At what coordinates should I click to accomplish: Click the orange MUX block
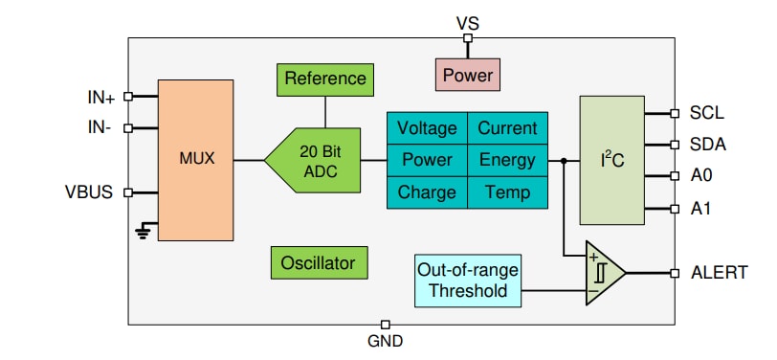196,159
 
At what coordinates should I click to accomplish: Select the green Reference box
324,79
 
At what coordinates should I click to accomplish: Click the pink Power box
467,73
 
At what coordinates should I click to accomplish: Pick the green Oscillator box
319,262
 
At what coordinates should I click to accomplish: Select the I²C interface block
611,160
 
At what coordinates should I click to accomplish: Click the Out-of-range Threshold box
469,280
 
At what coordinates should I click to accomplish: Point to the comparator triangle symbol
603,273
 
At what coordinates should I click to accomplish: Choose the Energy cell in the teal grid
507,160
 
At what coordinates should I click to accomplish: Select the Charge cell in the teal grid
427,192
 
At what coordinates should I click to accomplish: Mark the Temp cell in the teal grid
507,192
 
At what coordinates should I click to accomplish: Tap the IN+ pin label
101,97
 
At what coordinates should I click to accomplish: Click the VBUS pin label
90,191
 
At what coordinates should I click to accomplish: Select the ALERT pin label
719,273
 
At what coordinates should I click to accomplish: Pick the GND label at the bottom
385,341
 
